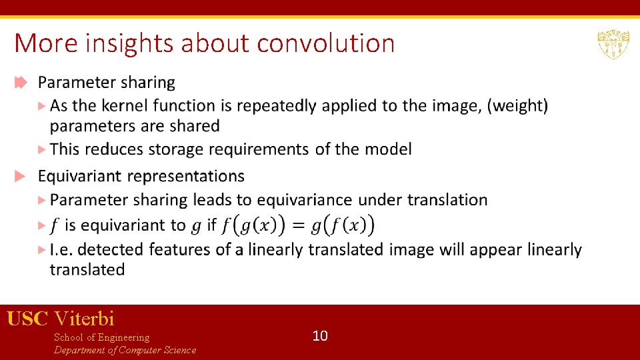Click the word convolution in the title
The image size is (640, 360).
tap(326, 43)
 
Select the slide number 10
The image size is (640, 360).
tap(320, 335)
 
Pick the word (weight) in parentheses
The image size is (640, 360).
tap(517, 105)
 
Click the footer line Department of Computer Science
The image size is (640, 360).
tap(125, 350)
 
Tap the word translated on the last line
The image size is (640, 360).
tap(87, 269)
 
